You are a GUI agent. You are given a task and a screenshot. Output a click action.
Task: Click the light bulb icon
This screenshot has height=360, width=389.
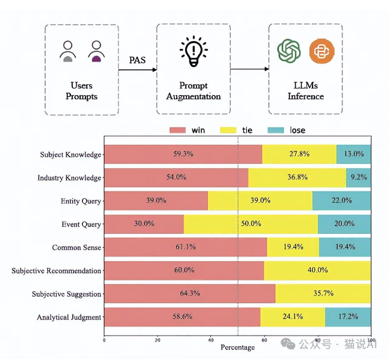tap(194, 51)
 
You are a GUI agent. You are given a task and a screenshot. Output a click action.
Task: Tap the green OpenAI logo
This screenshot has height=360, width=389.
tap(289, 51)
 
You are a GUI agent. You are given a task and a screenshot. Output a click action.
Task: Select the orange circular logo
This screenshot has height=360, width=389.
tap(322, 51)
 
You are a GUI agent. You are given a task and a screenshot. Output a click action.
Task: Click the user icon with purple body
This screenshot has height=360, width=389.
tap(96, 51)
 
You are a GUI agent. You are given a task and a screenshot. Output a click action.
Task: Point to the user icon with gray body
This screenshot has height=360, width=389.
tap(68, 51)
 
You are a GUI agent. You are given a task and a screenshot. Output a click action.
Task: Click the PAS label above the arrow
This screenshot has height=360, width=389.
tap(137, 60)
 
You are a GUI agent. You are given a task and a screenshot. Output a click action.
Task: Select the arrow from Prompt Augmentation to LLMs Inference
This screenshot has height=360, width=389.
tap(250, 69)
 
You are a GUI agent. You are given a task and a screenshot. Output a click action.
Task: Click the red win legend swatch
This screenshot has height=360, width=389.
tap(177, 130)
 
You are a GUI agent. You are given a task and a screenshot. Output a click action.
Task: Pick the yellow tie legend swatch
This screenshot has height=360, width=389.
tap(228, 130)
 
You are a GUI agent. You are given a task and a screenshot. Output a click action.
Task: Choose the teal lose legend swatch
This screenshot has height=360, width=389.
tap(276, 130)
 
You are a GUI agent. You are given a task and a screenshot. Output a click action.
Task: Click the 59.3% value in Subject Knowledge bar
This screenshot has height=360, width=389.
tap(183, 154)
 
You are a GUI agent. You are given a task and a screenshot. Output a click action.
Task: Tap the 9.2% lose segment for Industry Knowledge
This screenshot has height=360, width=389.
tap(359, 177)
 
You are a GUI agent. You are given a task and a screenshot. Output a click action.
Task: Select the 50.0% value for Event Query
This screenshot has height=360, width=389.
tap(251, 224)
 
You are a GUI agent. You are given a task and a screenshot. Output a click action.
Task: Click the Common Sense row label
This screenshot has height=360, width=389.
tap(76, 248)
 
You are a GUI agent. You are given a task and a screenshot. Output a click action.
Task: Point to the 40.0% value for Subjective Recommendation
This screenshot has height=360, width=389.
tap(317, 270)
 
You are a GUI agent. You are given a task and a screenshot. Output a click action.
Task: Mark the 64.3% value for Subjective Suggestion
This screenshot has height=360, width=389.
tap(190, 293)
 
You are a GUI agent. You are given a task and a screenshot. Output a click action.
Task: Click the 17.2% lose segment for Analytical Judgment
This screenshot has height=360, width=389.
tap(348, 317)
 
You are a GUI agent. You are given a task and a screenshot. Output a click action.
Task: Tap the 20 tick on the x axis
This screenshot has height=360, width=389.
tap(158, 340)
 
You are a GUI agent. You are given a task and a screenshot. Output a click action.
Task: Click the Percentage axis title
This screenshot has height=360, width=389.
tap(238, 347)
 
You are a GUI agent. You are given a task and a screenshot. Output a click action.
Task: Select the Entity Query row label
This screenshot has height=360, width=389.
tap(81, 201)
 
